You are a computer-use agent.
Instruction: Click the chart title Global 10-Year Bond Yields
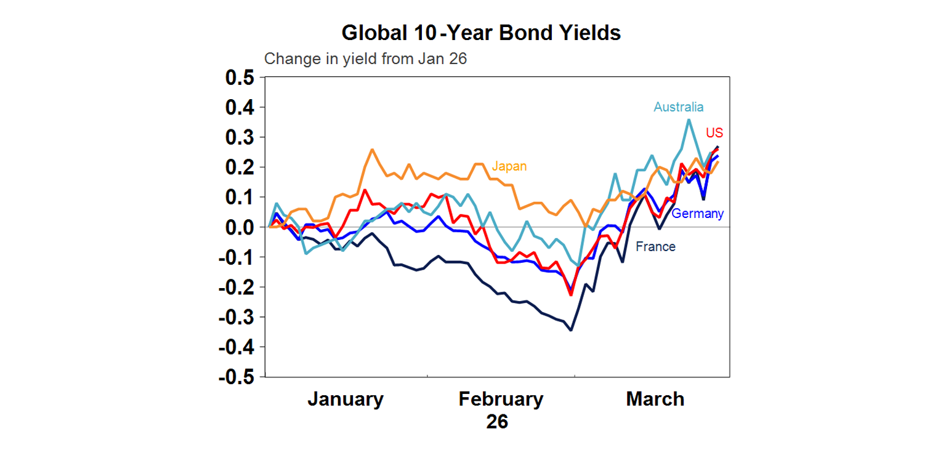point(481,33)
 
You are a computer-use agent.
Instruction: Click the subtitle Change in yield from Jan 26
point(365,60)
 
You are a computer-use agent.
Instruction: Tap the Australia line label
point(678,107)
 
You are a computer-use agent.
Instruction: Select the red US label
point(714,133)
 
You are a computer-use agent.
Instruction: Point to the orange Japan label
point(509,167)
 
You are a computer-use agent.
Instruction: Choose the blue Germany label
point(697,214)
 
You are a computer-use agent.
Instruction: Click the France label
point(655,247)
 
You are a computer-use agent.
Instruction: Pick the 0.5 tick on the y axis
point(240,78)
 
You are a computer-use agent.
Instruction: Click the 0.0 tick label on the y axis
point(240,227)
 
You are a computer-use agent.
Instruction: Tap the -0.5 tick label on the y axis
point(236,377)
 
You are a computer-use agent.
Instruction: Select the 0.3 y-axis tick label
point(240,137)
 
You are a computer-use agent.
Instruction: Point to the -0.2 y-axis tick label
point(236,287)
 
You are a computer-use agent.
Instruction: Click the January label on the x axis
point(345,399)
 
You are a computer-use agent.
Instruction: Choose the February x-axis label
point(501,399)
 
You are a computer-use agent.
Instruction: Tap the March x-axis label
point(655,399)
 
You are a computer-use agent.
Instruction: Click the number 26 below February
point(497,422)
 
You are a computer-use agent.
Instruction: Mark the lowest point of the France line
point(571,330)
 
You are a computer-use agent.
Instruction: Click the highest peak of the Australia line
point(689,119)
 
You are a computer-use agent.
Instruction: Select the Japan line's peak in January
point(372,150)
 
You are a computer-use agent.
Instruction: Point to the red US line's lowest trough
point(571,295)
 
